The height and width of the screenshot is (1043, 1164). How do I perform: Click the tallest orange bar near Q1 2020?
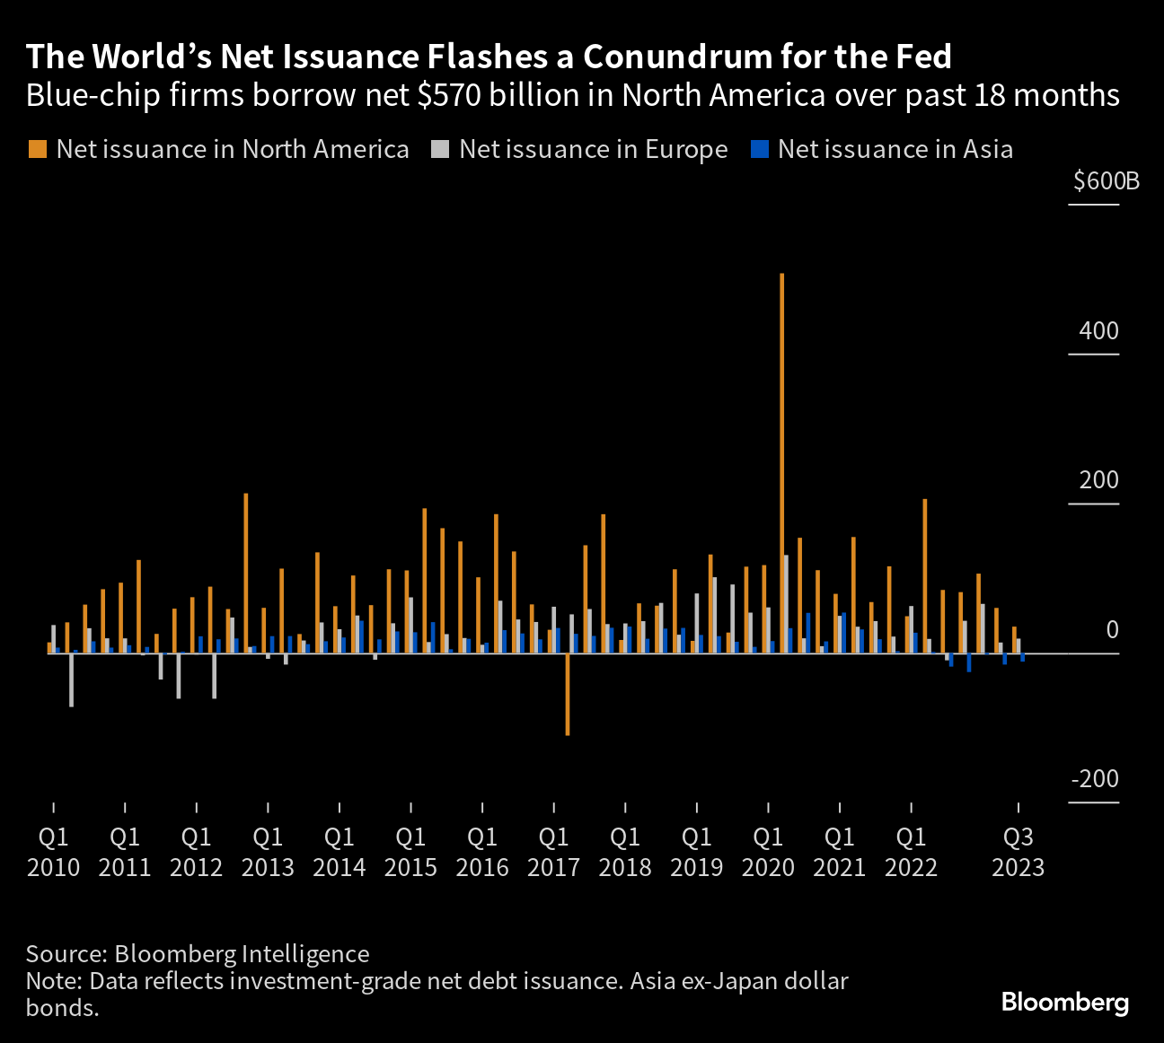coord(781,462)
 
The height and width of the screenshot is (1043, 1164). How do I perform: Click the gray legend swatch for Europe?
coord(439,149)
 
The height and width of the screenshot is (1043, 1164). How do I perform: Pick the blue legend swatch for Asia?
coord(759,149)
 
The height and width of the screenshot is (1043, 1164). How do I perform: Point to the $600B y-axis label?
coord(1106,181)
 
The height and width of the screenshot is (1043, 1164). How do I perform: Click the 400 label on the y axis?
coord(1099,330)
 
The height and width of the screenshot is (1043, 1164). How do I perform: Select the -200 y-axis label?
coord(1095,778)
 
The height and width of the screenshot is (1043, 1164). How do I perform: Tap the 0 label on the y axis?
coord(1112,629)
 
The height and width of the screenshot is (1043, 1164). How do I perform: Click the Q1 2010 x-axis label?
coord(54,852)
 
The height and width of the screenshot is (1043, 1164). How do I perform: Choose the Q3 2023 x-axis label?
coord(1018,852)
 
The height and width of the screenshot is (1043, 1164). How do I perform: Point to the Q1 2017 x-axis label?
coord(553,852)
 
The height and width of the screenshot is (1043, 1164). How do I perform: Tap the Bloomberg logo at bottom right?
coord(1064,1002)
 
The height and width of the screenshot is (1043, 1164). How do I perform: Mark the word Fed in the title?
coord(922,57)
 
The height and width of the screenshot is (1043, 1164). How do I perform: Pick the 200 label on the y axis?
coord(1099,480)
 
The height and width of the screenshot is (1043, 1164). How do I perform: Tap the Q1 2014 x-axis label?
coord(339,852)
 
